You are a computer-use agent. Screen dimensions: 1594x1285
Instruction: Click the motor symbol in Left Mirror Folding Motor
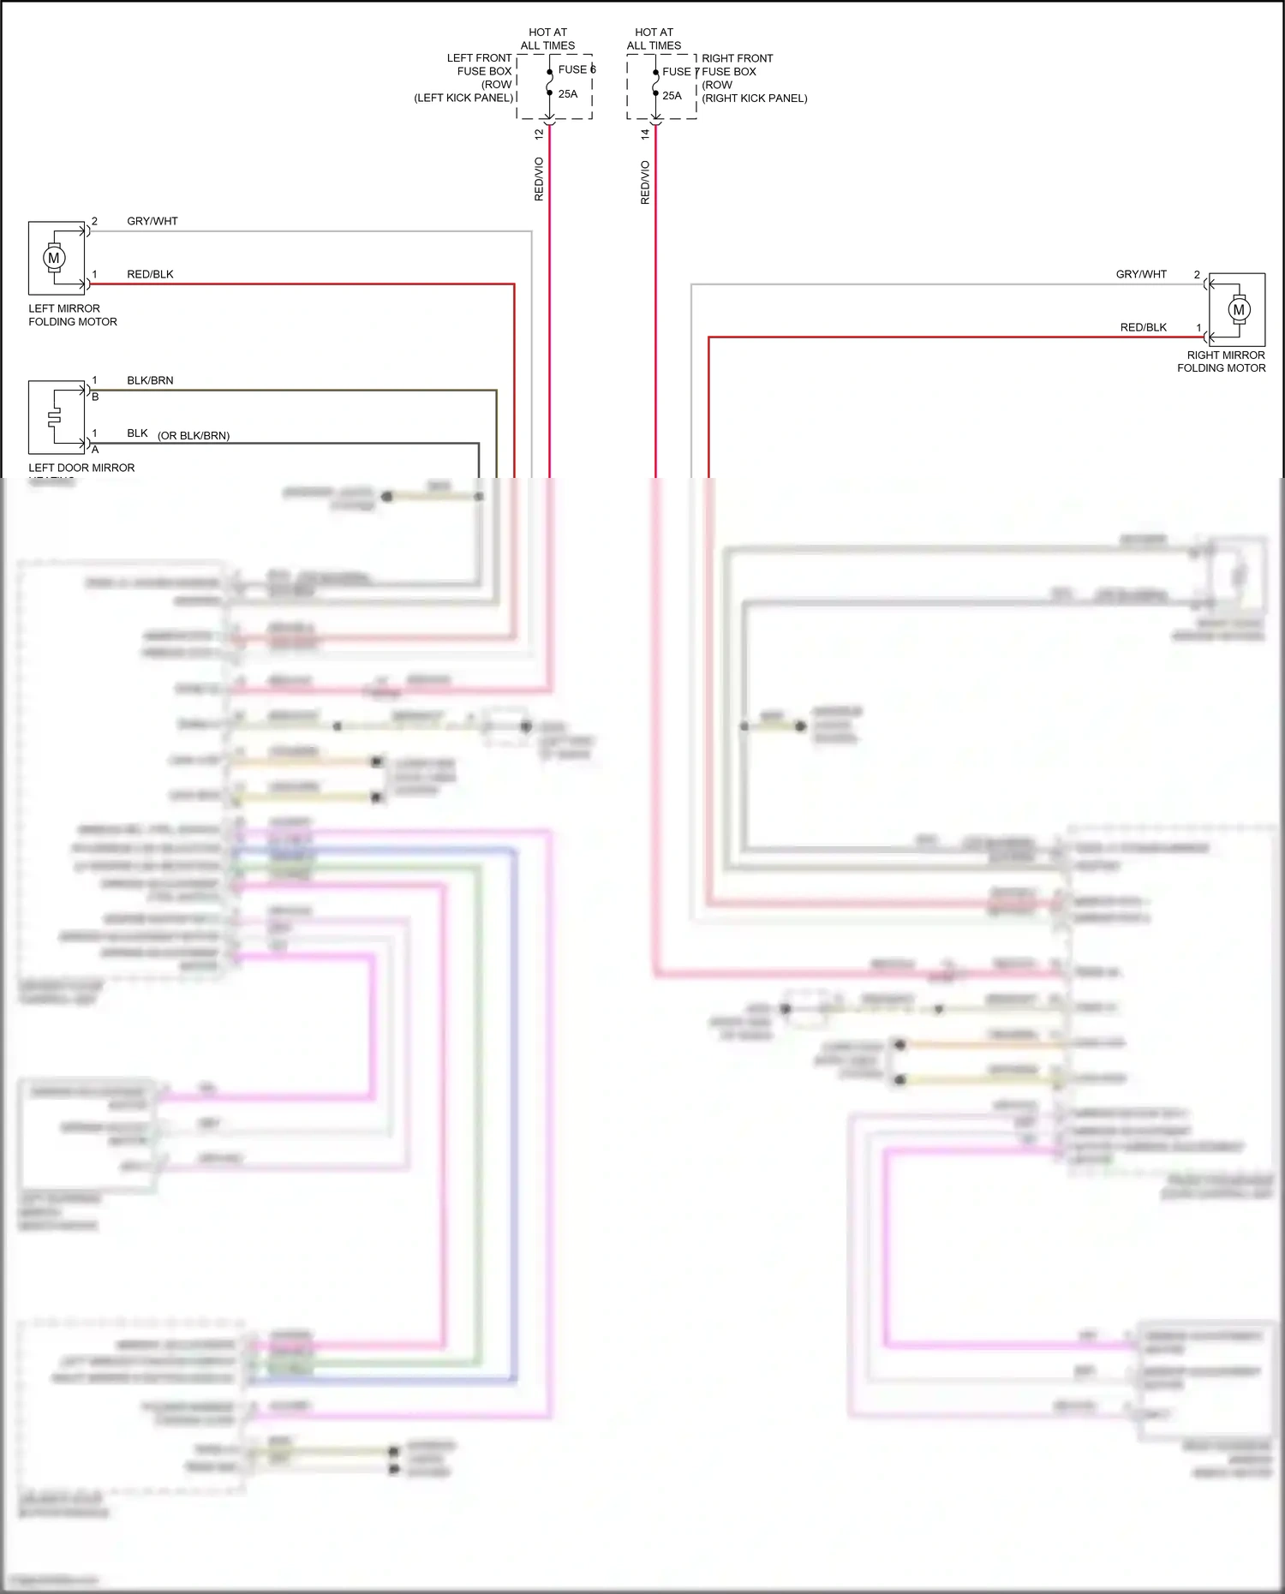[x=54, y=258]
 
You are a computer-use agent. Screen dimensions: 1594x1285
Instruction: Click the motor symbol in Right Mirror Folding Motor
[x=1238, y=310]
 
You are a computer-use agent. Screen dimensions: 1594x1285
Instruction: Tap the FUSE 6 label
[x=576, y=69]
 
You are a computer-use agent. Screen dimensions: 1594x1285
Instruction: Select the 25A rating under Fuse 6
[x=568, y=94]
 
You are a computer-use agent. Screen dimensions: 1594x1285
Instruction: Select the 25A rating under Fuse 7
[x=672, y=96]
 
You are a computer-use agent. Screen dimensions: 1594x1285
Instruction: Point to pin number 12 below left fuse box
[x=539, y=134]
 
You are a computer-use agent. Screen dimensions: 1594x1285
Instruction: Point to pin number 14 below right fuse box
[x=645, y=134]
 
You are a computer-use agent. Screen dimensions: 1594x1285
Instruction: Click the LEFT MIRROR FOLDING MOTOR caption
[x=72, y=315]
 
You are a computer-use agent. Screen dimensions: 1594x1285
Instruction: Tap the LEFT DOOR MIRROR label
[x=81, y=468]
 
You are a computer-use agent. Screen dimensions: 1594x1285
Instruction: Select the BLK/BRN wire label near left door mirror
[x=150, y=380]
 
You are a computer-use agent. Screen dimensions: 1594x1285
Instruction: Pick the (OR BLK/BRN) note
[x=194, y=435]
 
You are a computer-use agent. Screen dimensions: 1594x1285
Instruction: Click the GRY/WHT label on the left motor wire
[x=152, y=221]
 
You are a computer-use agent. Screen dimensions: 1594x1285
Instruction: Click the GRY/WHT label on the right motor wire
[x=1140, y=274]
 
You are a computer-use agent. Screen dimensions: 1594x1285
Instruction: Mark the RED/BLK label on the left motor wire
[x=150, y=274]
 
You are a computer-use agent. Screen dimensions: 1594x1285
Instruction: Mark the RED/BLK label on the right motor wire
[x=1143, y=327]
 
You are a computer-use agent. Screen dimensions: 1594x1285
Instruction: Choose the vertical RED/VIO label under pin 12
[x=539, y=180]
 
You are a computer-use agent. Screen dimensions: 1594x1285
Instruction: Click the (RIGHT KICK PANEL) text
[x=754, y=99]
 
